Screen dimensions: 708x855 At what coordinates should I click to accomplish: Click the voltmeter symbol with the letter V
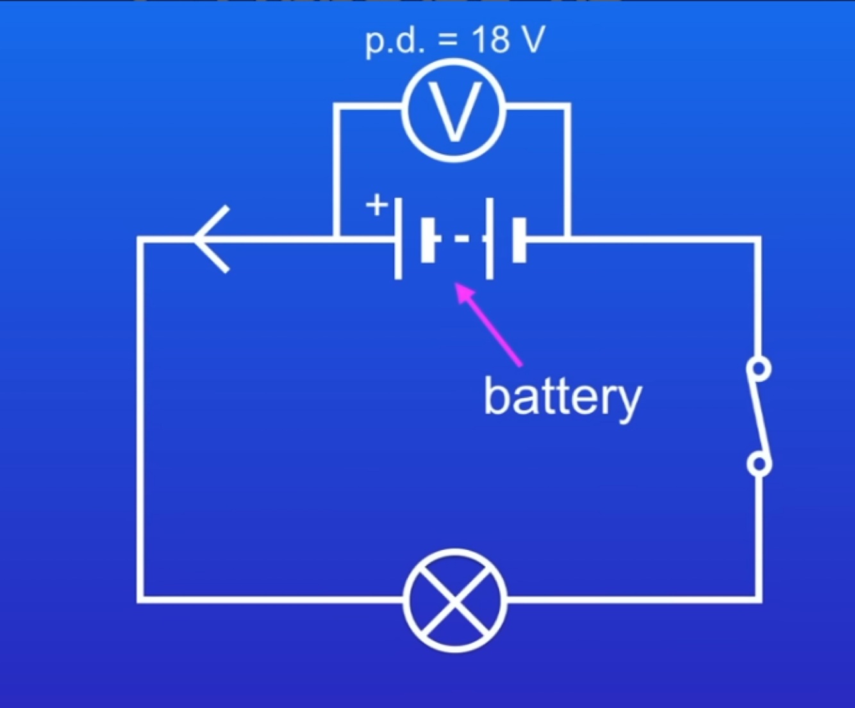(454, 110)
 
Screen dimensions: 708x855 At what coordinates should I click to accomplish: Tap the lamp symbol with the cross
(455, 600)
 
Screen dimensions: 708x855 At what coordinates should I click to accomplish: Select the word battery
(562, 398)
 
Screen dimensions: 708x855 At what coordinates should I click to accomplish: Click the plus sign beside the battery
(377, 205)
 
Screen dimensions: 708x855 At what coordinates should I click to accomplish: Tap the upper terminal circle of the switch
(760, 369)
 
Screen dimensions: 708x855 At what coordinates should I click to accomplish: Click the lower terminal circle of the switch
(760, 464)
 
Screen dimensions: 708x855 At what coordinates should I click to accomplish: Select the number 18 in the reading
(490, 40)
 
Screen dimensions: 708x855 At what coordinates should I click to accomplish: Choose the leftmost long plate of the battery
(398, 239)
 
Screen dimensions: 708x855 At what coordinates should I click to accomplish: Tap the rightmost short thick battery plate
(519, 240)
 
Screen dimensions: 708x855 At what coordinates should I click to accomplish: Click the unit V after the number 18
(533, 40)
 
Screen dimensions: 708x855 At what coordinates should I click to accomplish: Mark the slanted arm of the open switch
(760, 417)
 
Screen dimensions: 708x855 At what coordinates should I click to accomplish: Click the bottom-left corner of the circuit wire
(140, 600)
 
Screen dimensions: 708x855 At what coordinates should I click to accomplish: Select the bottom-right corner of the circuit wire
(759, 600)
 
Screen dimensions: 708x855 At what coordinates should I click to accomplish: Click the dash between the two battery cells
(461, 239)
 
